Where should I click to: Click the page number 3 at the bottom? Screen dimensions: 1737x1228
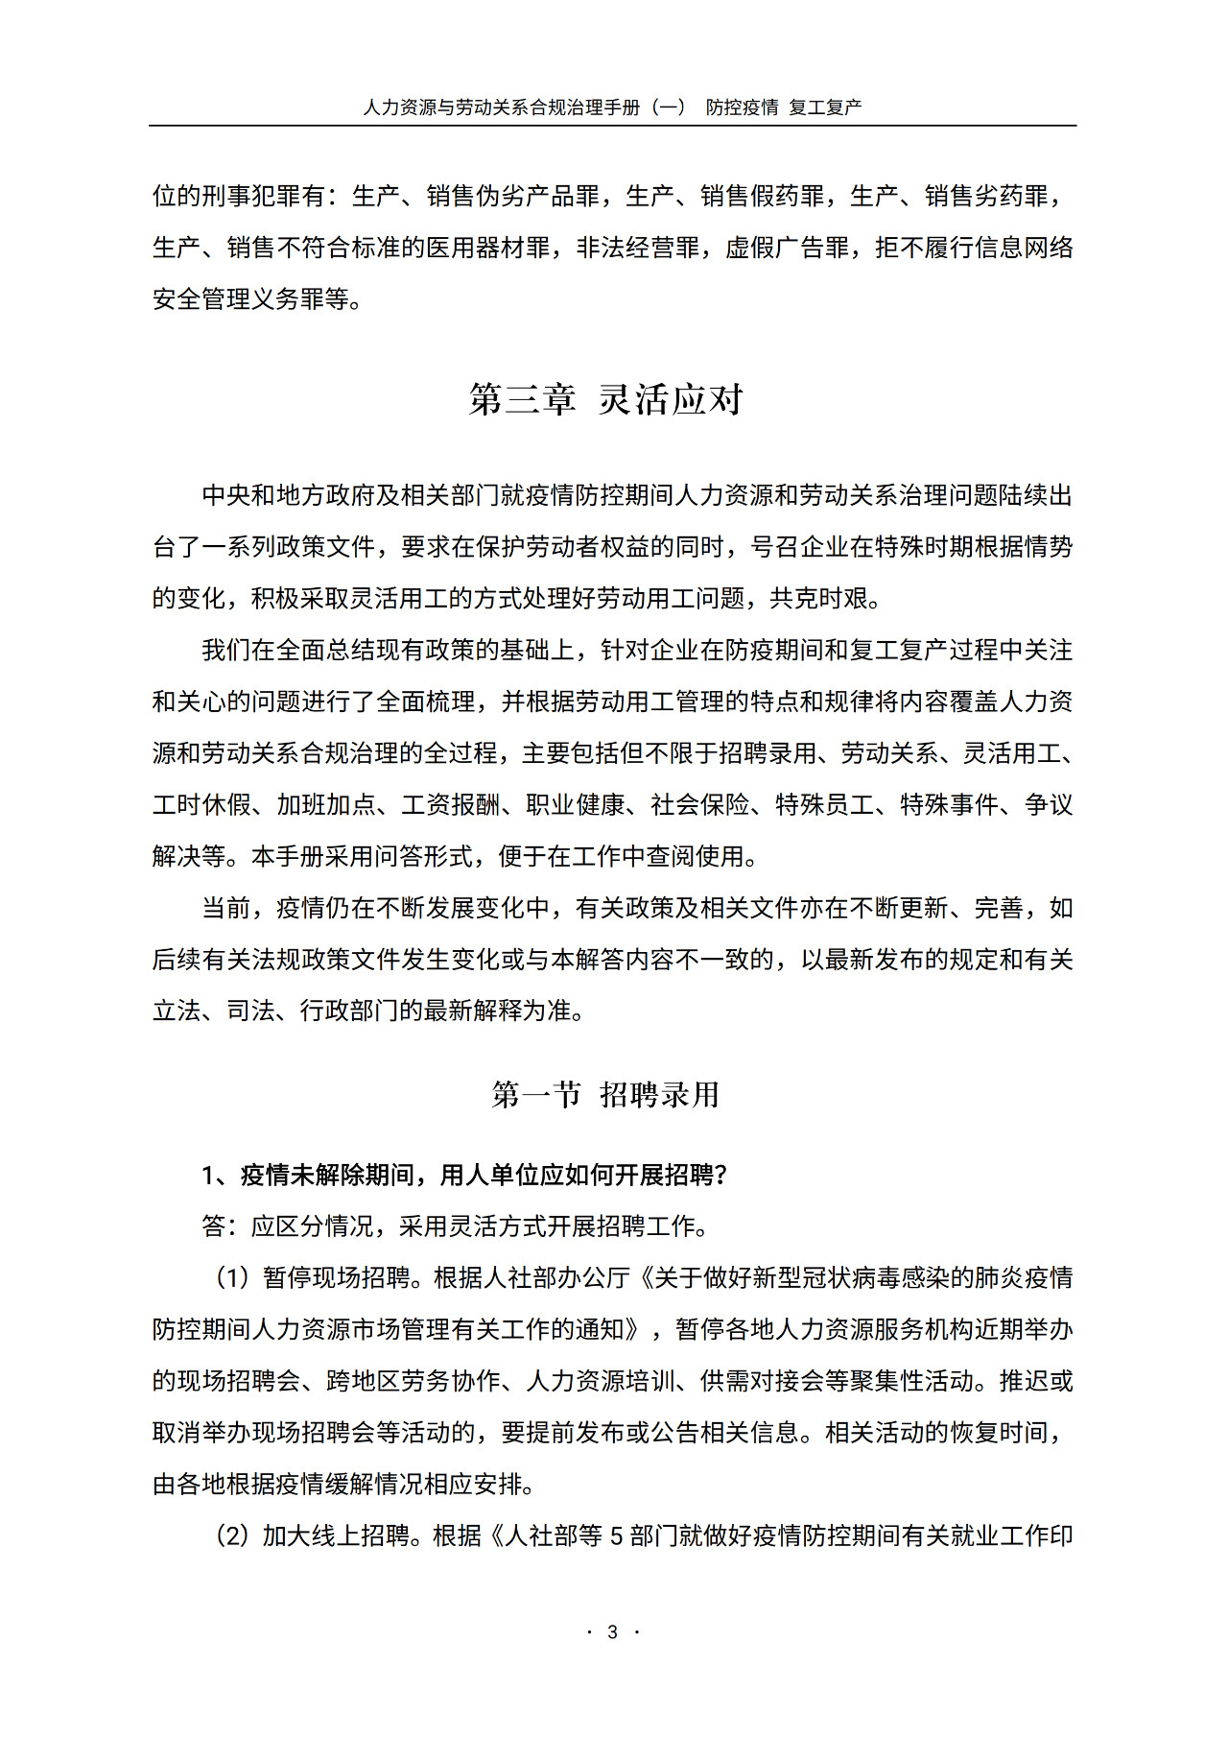click(612, 1631)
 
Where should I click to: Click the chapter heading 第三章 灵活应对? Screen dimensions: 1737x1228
click(605, 399)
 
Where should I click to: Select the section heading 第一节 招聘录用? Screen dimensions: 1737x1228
click(605, 1094)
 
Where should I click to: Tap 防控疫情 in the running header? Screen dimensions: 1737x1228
click(742, 107)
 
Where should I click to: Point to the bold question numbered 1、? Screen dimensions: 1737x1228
click(464, 1175)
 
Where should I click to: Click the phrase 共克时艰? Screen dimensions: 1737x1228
click(819, 598)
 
